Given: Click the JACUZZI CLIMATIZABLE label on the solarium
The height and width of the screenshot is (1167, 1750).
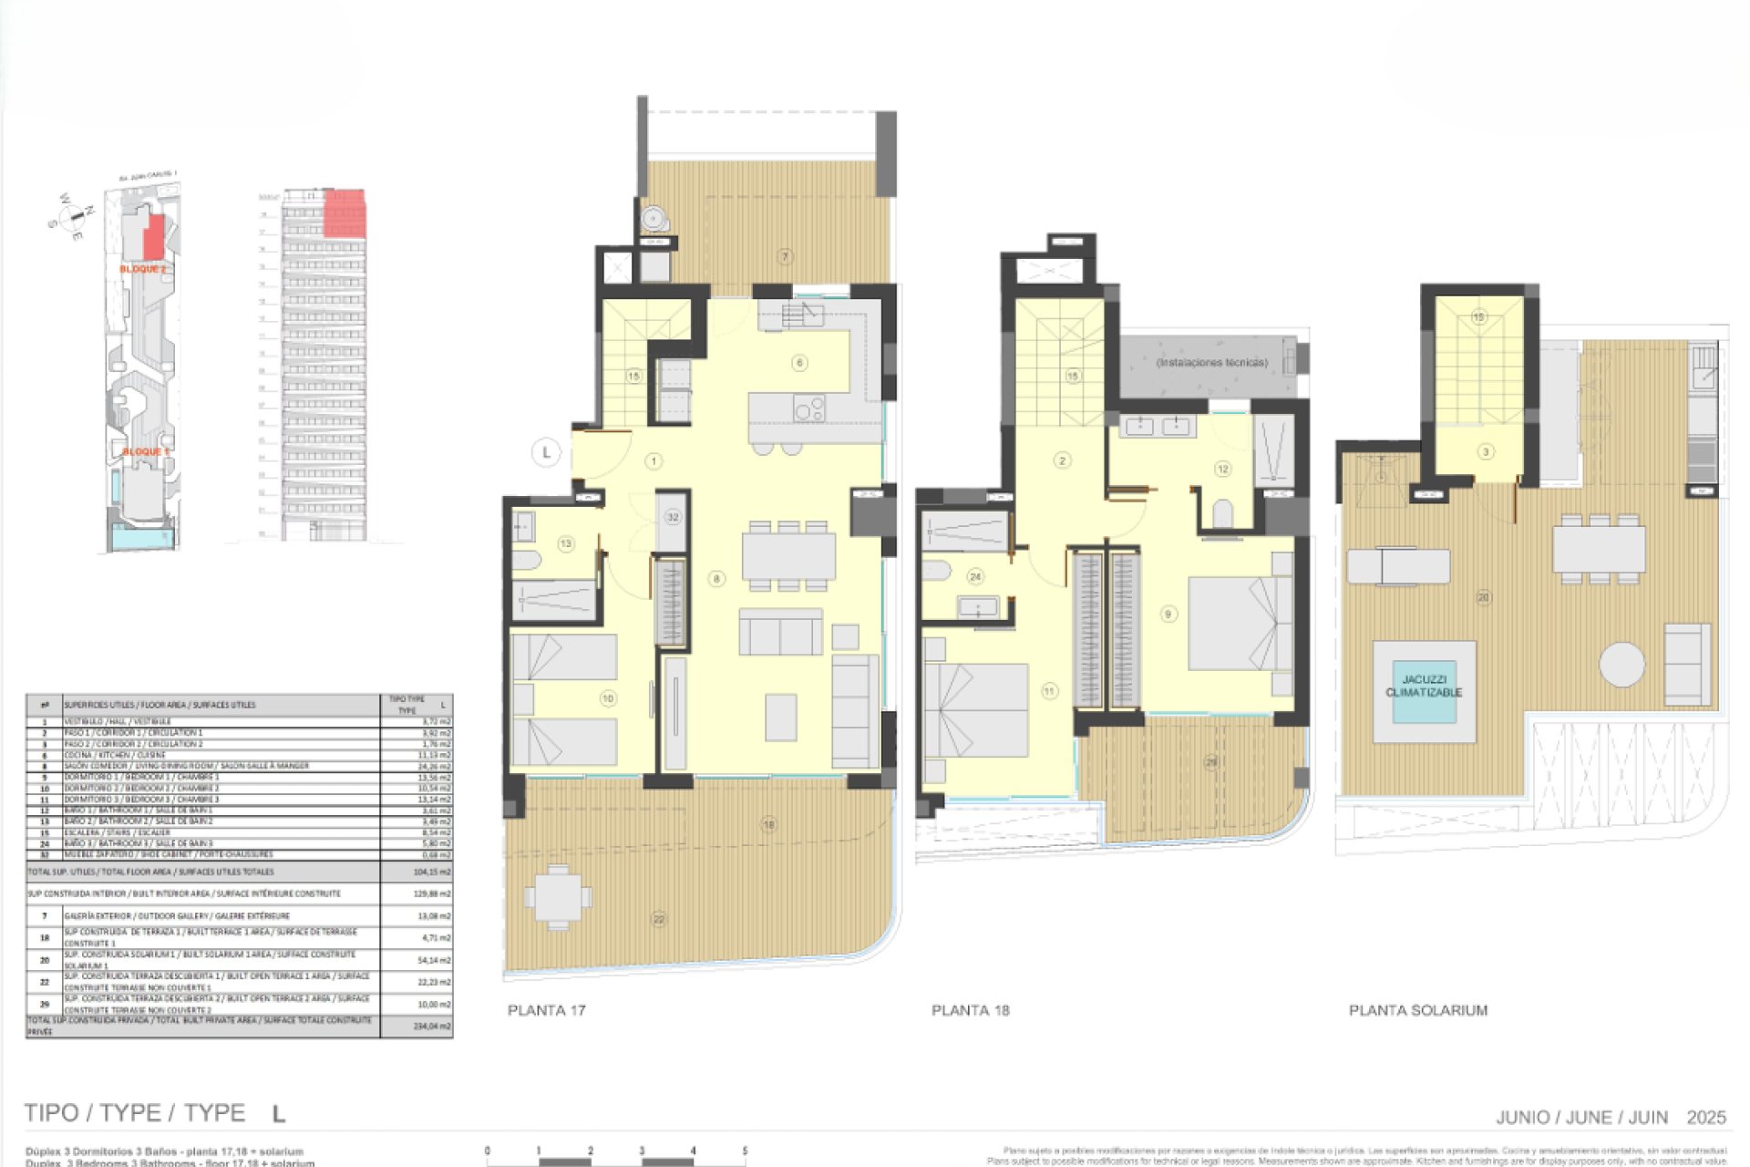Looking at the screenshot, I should coord(1424,687).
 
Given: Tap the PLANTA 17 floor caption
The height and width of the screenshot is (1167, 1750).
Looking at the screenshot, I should coord(546,1010).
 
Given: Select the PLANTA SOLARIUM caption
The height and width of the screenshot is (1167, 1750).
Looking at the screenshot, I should coord(1417,1010).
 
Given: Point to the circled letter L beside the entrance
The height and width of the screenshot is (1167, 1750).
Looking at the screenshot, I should coord(546,451).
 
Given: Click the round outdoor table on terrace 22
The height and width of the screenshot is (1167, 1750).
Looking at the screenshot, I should coord(557,896).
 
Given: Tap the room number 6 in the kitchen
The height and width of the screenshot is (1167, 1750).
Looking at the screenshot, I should coord(799,363).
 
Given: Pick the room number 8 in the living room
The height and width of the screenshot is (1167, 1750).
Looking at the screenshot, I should coord(716,579).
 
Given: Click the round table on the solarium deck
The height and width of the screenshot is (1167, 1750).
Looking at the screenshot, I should coord(1621,664).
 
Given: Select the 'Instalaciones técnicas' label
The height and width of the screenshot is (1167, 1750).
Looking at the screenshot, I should coord(1211,363).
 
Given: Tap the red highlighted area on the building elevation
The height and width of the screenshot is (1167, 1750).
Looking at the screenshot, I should coord(345,215).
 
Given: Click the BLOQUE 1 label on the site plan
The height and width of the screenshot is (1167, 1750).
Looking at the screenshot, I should coord(146,452).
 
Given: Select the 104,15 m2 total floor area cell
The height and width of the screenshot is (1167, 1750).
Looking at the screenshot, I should coord(431,873).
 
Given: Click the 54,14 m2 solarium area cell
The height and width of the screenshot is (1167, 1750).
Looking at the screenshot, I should coord(431,960).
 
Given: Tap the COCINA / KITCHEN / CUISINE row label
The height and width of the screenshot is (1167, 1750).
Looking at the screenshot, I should coord(115,755).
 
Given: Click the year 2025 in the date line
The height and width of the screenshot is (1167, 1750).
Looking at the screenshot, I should coord(1706,1118).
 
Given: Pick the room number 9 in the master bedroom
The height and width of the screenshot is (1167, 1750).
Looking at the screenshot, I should coord(1168,614).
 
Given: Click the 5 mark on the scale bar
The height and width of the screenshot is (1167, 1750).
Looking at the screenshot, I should coord(745,1152).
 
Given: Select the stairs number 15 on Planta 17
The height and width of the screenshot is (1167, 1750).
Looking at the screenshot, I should coord(633,376).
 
